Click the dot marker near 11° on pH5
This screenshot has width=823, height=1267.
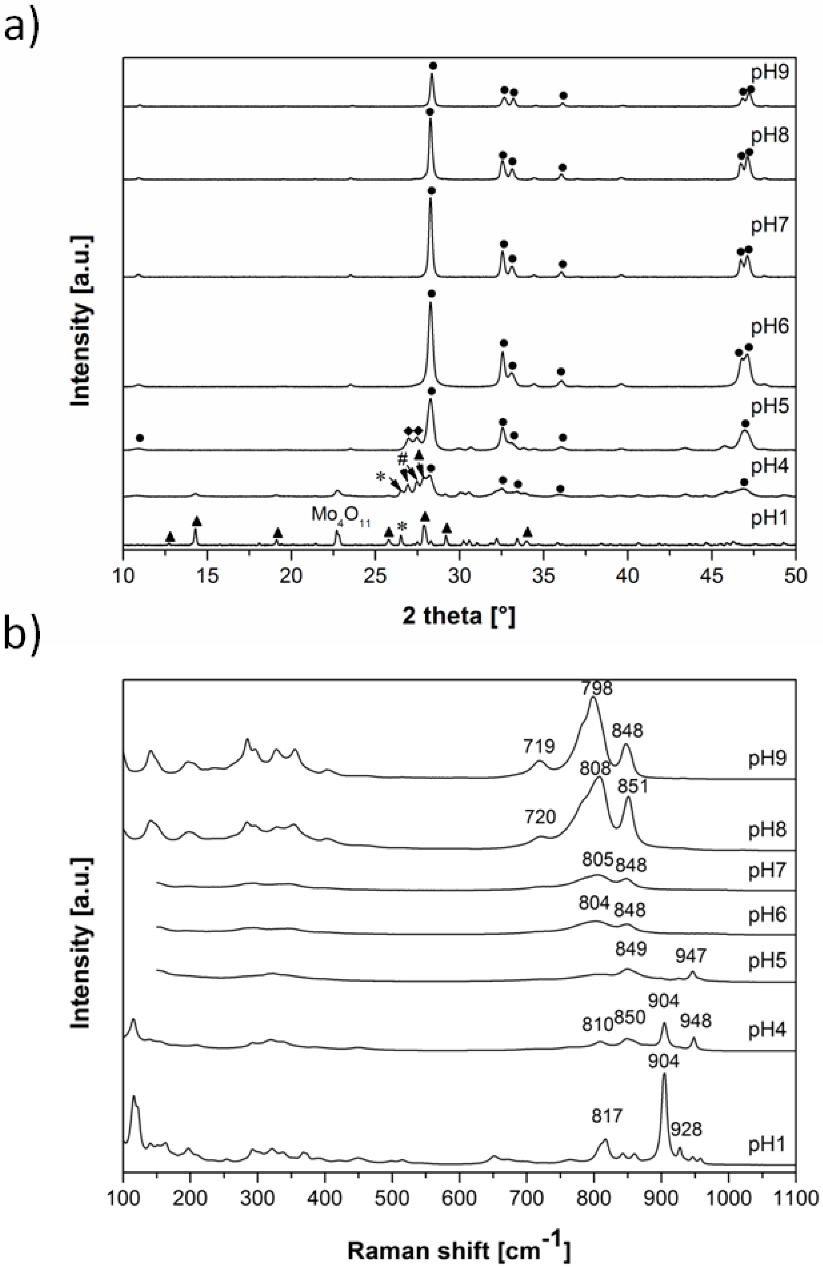tap(140, 438)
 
